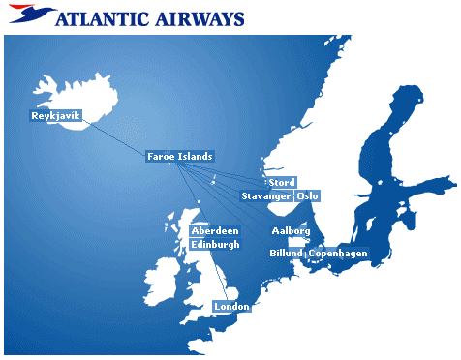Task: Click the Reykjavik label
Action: tap(56, 116)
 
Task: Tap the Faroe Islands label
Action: tap(179, 156)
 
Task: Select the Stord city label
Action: tap(282, 183)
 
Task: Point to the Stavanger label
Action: tap(265, 196)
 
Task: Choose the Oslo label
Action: tap(307, 196)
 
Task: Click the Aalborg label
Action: tap(291, 231)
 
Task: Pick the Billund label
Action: tap(286, 253)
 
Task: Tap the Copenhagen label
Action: tap(338, 253)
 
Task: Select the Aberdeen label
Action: tap(215, 231)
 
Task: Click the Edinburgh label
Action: tap(215, 244)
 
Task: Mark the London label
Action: tap(231, 307)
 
